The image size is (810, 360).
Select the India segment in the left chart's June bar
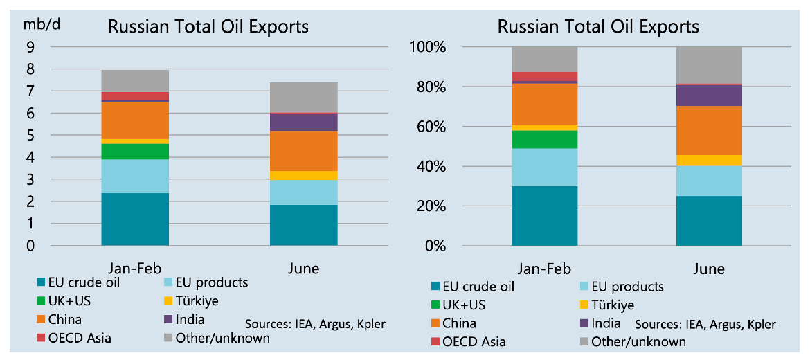(x=303, y=122)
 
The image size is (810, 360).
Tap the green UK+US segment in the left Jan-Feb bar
(x=135, y=151)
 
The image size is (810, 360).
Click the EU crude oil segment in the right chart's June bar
(x=709, y=220)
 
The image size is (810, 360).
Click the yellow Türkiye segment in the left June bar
(x=303, y=175)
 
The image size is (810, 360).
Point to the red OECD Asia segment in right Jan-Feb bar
(x=545, y=76)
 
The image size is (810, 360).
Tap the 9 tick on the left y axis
(x=30, y=47)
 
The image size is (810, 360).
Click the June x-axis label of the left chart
(x=303, y=268)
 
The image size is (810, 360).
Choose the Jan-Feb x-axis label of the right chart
(x=544, y=268)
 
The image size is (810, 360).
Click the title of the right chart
(x=598, y=26)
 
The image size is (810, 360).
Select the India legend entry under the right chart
(x=602, y=323)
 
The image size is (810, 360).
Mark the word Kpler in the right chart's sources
(x=759, y=324)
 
